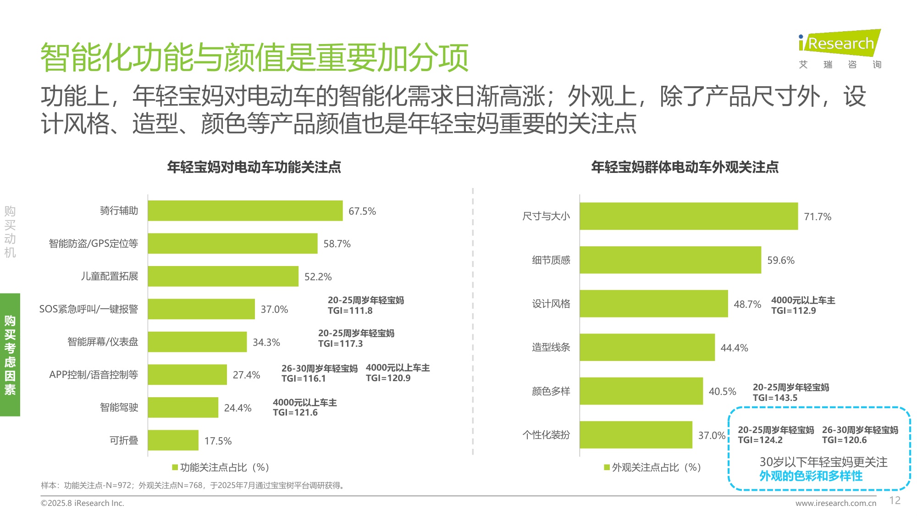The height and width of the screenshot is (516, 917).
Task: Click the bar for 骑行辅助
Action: pyautogui.click(x=245, y=211)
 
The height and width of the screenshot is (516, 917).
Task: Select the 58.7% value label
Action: pyautogui.click(x=337, y=244)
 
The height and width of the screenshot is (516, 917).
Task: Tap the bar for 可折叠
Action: pyautogui.click(x=173, y=440)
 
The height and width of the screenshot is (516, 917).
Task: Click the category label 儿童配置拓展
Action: pyautogui.click(x=109, y=277)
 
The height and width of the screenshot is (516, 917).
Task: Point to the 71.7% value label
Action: pyautogui.click(x=818, y=216)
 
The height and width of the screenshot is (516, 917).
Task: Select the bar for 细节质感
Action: pyautogui.click(x=670, y=260)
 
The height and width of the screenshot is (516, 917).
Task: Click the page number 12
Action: pyautogui.click(x=895, y=500)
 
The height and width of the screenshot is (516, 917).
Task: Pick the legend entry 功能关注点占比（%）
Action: pyautogui.click(x=221, y=467)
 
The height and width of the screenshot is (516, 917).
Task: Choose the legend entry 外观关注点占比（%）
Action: pyautogui.click(x=652, y=467)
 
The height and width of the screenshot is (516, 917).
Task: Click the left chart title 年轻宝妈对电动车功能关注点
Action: pyautogui.click(x=254, y=167)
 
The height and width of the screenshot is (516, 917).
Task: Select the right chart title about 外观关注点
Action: pyautogui.click(x=685, y=167)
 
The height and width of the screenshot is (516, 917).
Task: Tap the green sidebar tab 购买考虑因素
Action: pyautogui.click(x=10, y=355)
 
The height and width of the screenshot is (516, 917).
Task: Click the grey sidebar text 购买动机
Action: pyautogui.click(x=10, y=232)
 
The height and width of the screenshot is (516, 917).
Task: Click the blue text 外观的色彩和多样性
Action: pyautogui.click(x=811, y=476)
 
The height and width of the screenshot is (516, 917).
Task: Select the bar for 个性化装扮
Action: pyautogui.click(x=635, y=435)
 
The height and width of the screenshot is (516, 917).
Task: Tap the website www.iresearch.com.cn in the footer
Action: pyautogui.click(x=835, y=503)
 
